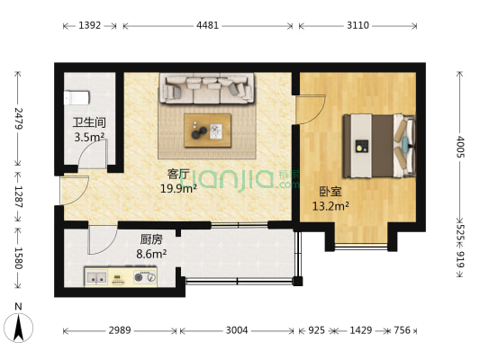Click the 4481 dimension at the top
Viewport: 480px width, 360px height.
tap(207, 26)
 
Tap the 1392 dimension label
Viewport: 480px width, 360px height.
tap(89, 26)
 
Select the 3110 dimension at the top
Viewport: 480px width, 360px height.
tap(358, 26)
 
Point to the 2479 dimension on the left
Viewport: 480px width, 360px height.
tap(16, 119)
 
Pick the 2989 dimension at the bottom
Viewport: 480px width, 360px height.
tap(120, 331)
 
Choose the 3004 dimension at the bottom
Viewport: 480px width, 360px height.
tap(237, 331)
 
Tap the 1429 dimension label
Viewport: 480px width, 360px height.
tap(358, 331)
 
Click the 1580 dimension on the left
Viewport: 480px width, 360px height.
tap(16, 256)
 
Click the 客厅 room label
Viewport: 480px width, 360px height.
tap(177, 173)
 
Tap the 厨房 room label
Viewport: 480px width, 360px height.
tap(150, 240)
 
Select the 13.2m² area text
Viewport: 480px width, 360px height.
tap(330, 205)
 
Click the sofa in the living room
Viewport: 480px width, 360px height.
tap(207, 89)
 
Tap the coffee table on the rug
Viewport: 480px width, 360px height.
tap(208, 130)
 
